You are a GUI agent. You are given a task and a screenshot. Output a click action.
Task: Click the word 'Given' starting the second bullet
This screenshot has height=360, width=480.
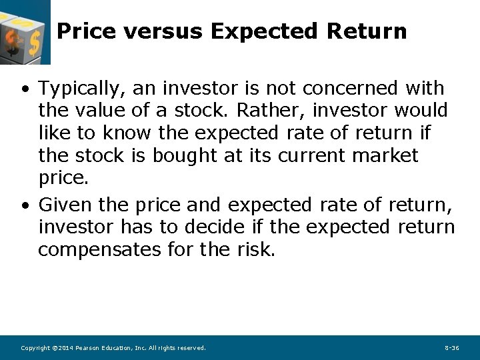[65, 204]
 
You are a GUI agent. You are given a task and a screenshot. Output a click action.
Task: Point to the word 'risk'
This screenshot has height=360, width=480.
[254, 250]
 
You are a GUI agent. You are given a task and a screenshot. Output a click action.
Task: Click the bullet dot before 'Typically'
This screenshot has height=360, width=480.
[24, 89]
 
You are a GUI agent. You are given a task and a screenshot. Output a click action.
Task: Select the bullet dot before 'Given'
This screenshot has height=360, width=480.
[24, 205]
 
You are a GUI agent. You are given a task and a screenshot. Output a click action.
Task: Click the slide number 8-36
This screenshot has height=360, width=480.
[451, 348]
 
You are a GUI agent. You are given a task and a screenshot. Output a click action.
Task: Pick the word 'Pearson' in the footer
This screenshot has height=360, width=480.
[87, 348]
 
